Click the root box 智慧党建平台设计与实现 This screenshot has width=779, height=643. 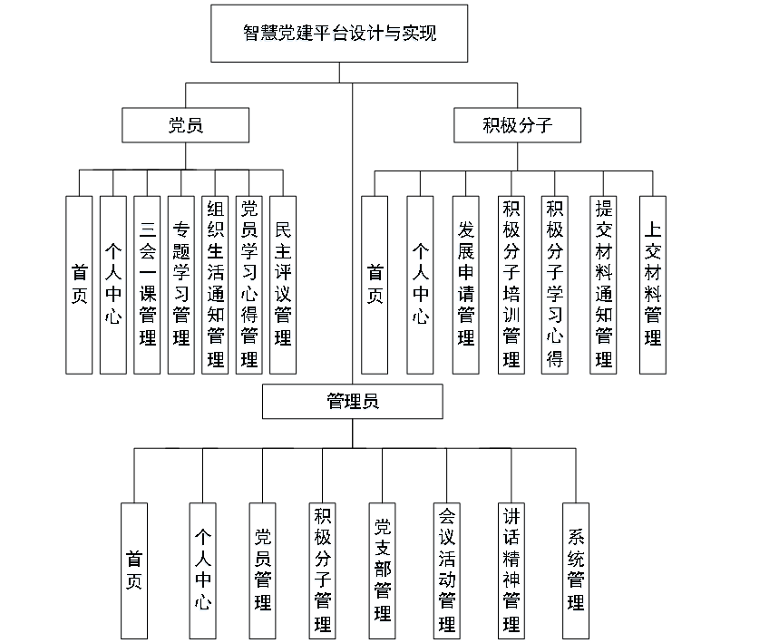340,34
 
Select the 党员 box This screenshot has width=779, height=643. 186,125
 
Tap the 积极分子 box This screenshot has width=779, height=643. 517,125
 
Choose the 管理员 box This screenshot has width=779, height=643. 353,401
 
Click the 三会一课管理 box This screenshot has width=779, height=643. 147,285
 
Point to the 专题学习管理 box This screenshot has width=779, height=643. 181,285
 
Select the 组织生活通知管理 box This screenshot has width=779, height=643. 215,285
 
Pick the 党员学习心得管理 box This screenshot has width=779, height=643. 249,285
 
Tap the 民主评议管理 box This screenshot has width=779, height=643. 283,285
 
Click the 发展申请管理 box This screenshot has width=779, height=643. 466,285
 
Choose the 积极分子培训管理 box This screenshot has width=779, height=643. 511,285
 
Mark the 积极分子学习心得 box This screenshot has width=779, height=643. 555,285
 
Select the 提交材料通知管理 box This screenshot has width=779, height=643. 603,285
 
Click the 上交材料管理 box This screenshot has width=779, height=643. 652,285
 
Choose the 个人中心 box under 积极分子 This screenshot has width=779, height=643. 420,285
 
